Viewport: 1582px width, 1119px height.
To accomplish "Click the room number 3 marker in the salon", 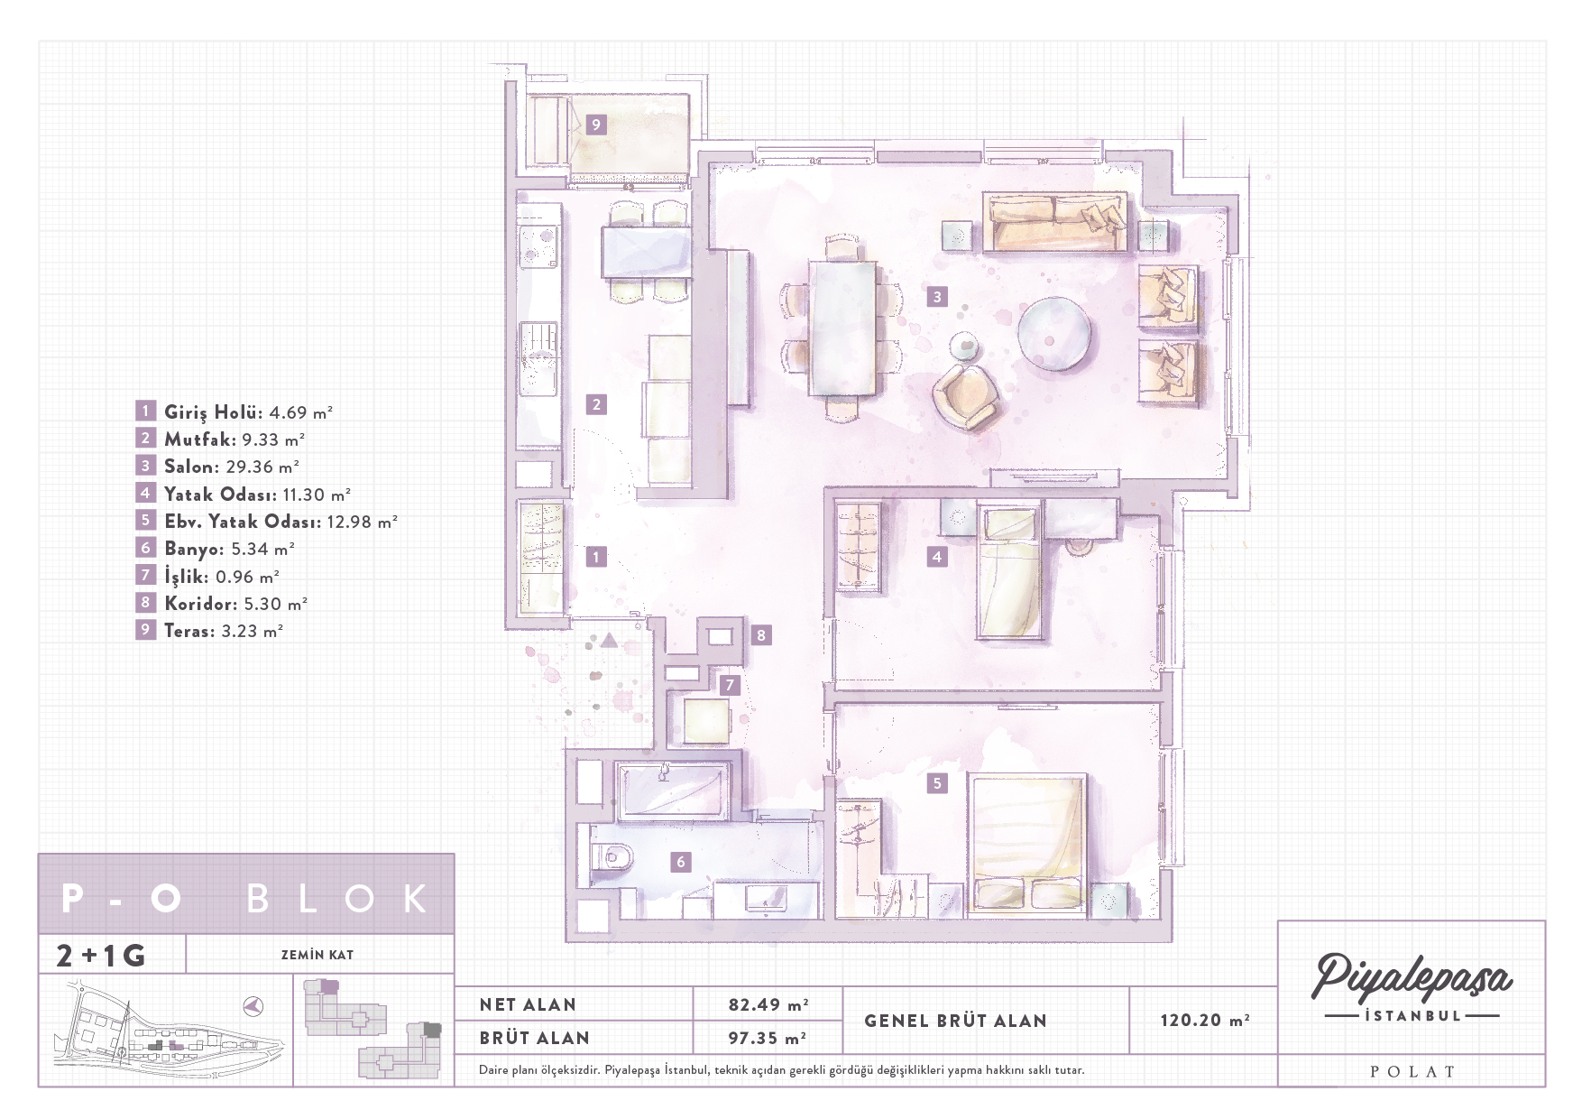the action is click(937, 296).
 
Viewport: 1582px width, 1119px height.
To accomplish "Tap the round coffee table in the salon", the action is click(1054, 333).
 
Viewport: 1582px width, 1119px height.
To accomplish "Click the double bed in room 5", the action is click(1028, 841).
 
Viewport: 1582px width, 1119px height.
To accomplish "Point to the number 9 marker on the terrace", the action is click(595, 125).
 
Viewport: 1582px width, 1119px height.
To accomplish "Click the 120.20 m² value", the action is click(1204, 1020).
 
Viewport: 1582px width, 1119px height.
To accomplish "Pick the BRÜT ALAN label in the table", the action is click(534, 1038).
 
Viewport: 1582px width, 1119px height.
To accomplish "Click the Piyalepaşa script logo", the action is click(1412, 977).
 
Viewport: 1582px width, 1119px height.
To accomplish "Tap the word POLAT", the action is click(1412, 1072).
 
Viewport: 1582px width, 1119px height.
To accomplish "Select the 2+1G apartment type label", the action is click(100, 955).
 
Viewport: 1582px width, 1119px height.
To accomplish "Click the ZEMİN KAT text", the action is click(317, 955).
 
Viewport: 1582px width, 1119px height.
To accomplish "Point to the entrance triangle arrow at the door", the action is click(610, 641).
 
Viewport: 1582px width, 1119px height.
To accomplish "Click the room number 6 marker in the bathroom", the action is click(681, 862).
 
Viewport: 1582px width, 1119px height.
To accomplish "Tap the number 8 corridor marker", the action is click(761, 635).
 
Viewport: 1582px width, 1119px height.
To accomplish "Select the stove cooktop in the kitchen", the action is click(538, 246).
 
